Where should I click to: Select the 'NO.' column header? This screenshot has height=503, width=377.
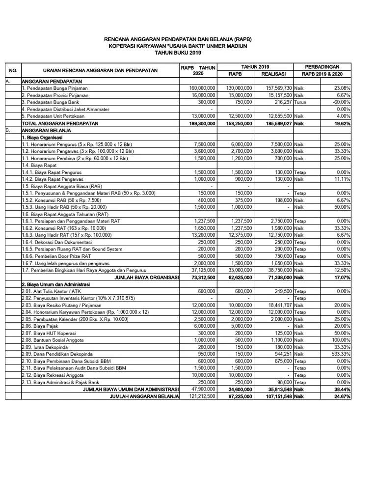pos(13,70)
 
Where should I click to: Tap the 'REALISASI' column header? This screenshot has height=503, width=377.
pos(273,74)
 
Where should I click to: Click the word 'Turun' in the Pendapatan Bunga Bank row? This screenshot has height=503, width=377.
pos(300,102)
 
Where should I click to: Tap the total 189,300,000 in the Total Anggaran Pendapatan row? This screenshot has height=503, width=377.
pos(199,123)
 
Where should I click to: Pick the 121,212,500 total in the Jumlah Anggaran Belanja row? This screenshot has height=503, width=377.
pos(198,396)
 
